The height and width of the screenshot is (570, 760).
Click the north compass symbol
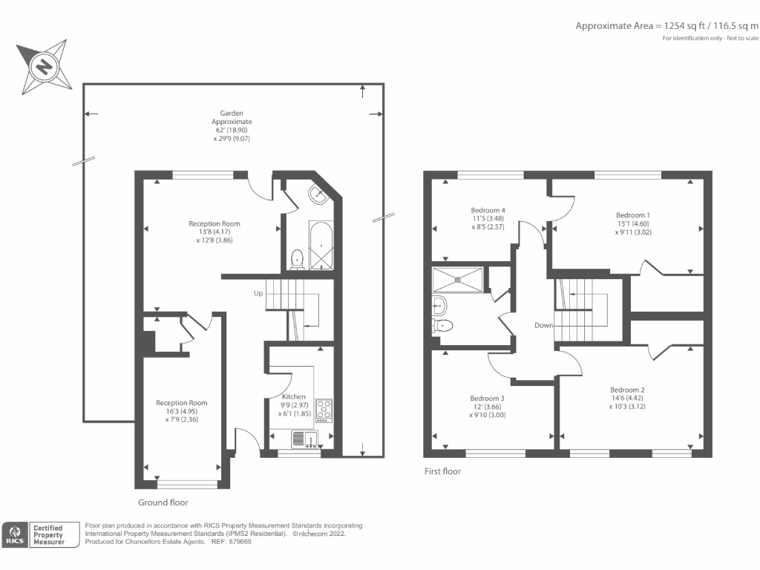(x=44, y=69)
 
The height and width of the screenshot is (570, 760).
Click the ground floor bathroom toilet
(x=297, y=258)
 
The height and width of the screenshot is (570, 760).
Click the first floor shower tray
(x=458, y=279)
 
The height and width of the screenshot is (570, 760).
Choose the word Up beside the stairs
(x=258, y=293)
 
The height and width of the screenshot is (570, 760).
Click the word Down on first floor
(x=544, y=326)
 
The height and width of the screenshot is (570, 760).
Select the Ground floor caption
(x=163, y=502)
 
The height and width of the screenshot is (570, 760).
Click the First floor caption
(x=443, y=471)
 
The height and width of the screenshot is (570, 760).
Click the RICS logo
(x=14, y=535)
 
